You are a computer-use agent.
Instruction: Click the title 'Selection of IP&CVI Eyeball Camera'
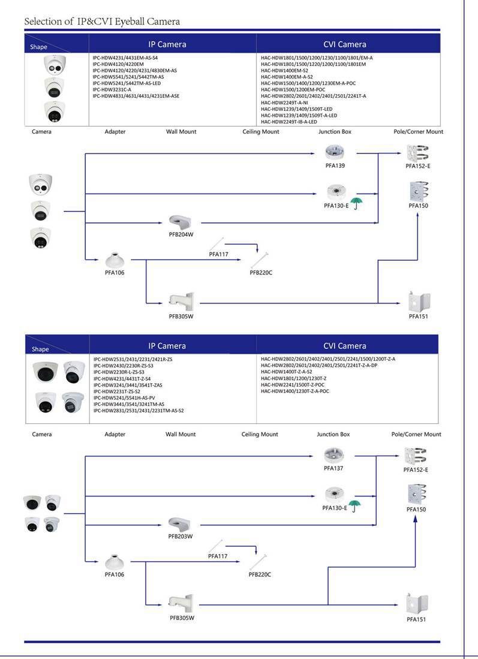point(102,22)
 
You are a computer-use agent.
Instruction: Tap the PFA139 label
point(335,165)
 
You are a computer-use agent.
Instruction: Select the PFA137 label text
point(333,468)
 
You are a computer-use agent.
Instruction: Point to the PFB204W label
point(181,234)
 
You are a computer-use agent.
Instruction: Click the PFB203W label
point(180,536)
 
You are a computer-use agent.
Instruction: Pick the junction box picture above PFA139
point(333,152)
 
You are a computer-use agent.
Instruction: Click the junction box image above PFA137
point(333,455)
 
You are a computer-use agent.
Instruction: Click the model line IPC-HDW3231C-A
point(112,89)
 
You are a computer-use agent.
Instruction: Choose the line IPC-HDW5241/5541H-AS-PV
point(124,398)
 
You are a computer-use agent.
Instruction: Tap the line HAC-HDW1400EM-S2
point(284,70)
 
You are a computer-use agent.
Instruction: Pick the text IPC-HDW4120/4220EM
point(118,64)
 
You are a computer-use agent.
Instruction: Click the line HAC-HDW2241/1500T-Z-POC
point(293,385)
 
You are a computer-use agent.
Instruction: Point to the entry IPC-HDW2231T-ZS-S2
point(116,391)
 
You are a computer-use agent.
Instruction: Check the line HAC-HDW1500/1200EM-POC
point(293,89)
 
